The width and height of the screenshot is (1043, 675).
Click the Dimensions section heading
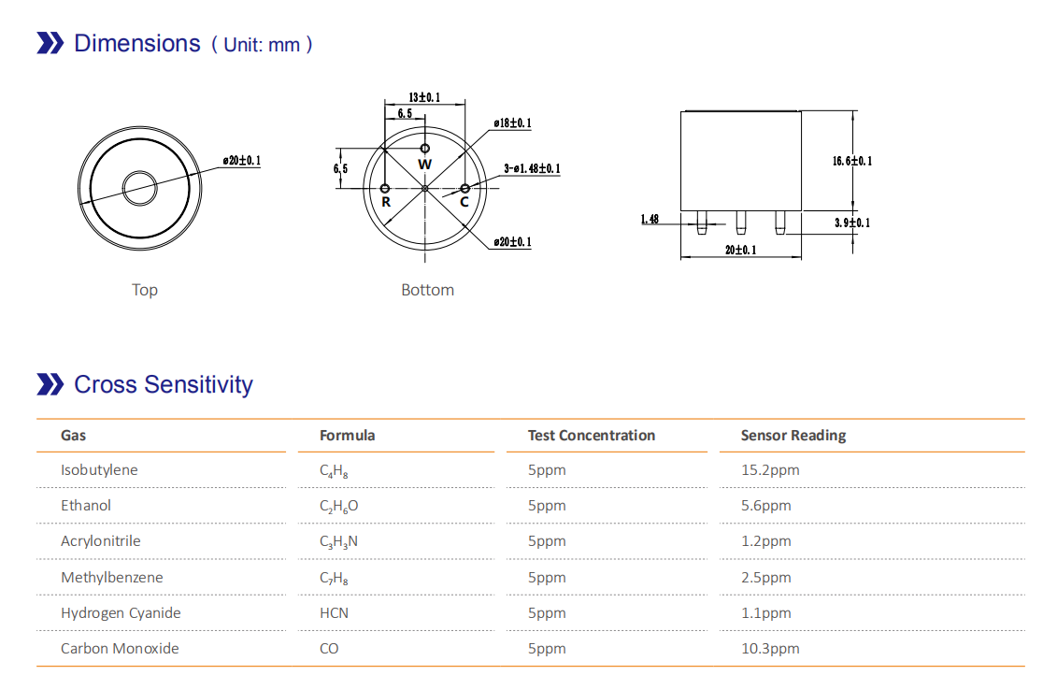tap(136, 43)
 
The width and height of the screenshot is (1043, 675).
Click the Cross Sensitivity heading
tap(163, 384)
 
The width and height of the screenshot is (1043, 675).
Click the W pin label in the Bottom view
tap(425, 165)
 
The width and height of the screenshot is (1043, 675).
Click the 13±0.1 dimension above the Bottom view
tap(424, 97)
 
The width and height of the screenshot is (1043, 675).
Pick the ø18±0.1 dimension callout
tap(512, 123)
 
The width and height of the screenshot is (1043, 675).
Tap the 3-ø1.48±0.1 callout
tap(532, 169)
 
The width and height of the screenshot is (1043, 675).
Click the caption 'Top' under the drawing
tap(145, 290)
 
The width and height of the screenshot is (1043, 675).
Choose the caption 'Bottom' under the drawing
tap(427, 290)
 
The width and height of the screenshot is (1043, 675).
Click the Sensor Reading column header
tap(793, 435)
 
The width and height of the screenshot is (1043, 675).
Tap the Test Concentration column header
tap(591, 435)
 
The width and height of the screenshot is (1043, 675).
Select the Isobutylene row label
tap(99, 469)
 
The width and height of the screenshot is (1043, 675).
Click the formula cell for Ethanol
tap(338, 506)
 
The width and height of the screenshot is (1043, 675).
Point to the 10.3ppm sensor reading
tap(770, 648)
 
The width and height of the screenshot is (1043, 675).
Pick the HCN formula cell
tap(334, 612)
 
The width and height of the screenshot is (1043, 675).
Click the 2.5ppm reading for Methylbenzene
tap(765, 577)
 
